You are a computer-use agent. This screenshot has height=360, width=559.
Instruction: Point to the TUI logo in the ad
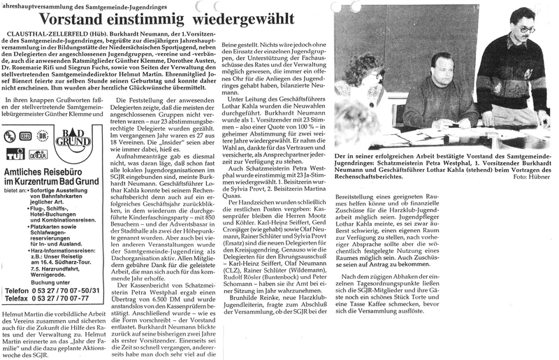(15, 152)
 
